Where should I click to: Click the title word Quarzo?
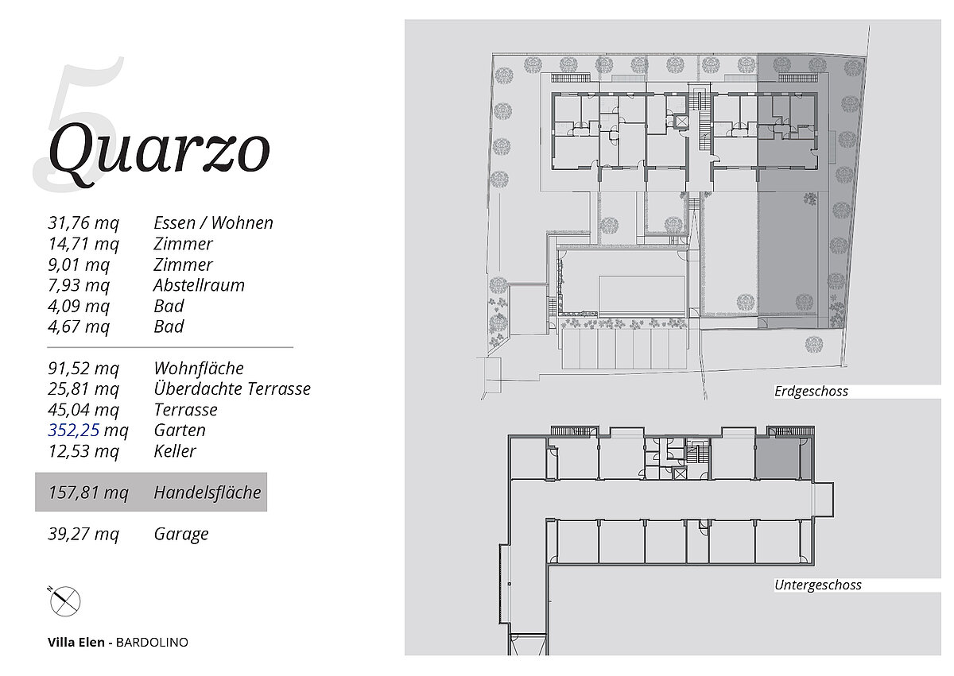pos(159,154)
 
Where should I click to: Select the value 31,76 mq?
pos(83,223)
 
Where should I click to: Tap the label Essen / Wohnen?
pos(213,223)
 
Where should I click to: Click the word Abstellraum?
pos(199,285)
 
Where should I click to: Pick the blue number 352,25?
pos(74,430)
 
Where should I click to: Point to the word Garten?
pos(180,431)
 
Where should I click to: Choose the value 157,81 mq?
pos(88,493)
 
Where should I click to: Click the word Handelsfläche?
pos(207,493)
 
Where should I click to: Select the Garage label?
pos(181,534)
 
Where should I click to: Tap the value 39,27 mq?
pos(83,534)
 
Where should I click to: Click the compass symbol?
pos(64,601)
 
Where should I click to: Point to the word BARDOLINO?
pos(152,643)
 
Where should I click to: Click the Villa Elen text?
pos(76,643)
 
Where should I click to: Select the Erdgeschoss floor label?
pos(811,392)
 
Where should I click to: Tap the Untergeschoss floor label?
pos(818,585)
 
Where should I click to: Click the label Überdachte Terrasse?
pos(232,388)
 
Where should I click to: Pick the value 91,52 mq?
pos(83,369)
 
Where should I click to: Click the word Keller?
pos(175,451)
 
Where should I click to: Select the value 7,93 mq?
pos(79,285)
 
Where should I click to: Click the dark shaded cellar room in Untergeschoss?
pos(778,458)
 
